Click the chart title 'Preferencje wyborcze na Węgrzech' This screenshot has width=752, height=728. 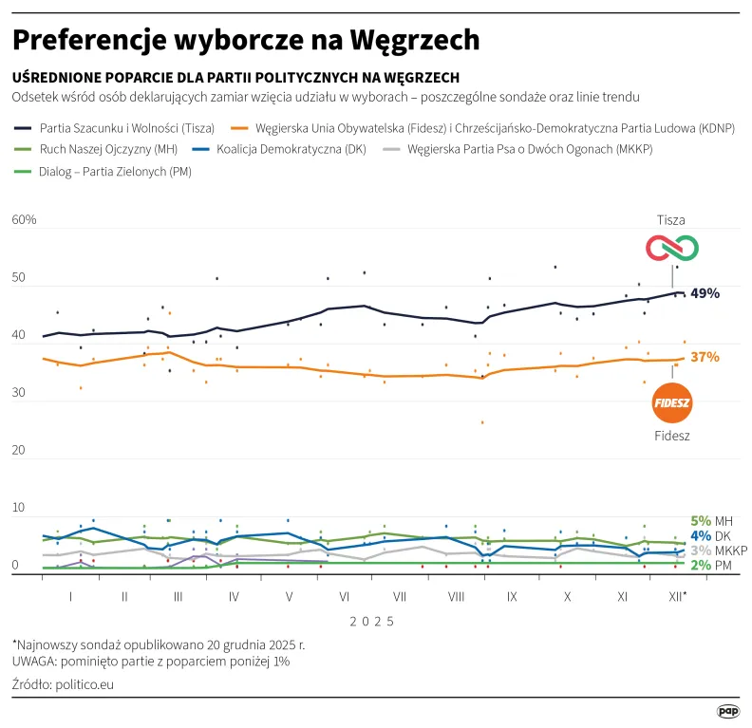246,41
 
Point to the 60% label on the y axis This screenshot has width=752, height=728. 24,220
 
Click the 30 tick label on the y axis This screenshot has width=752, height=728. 17,401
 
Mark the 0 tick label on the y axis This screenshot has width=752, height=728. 14,566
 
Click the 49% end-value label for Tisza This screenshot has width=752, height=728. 705,293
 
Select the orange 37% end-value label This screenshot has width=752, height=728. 705,358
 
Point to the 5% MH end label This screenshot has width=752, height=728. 709,521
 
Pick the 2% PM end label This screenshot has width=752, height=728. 709,565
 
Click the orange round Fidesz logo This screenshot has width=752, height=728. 672,403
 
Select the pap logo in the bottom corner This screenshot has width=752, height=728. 727,710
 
